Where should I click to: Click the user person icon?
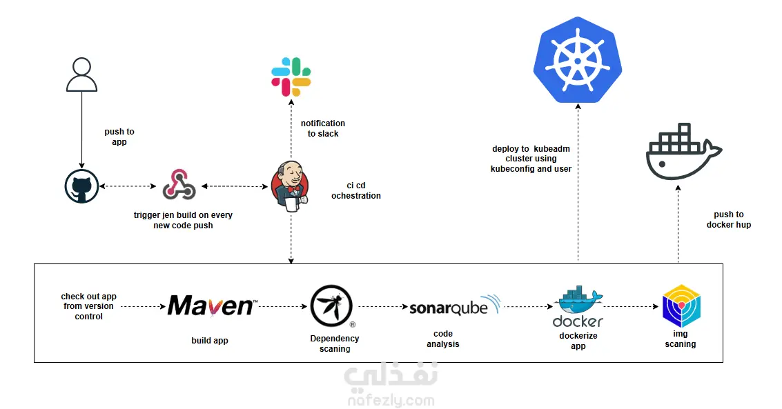pos(81,75)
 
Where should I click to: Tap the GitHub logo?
pos(81,187)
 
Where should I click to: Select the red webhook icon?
pos(179,186)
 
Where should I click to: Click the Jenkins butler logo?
pos(290,185)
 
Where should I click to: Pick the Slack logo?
pos(291,77)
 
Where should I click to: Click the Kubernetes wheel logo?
pos(578,60)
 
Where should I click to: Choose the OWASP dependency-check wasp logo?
pos(331,306)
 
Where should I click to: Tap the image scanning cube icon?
pos(681,306)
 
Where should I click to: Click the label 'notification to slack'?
pos(323,128)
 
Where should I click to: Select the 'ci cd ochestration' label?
pos(356,190)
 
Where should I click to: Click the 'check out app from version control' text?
pos(88,306)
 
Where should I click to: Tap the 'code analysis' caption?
pos(443,339)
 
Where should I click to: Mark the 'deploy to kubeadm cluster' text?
pos(531,159)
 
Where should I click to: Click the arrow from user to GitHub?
pos(81,131)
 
